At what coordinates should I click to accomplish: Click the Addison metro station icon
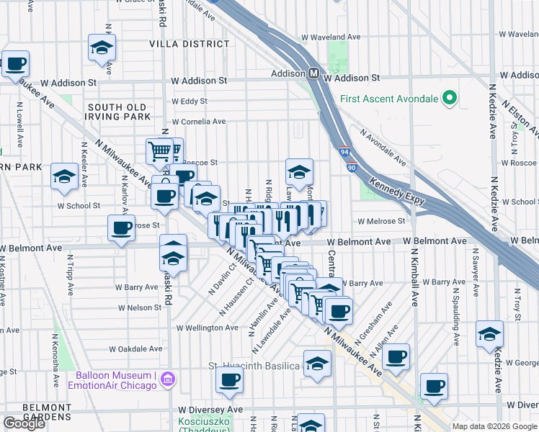click(314, 73)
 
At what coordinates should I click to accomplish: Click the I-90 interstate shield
click(351, 167)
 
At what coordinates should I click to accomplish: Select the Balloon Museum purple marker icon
click(168, 379)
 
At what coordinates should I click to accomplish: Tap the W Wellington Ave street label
click(208, 328)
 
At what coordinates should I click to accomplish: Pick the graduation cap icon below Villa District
click(102, 48)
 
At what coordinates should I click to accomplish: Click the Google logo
click(24, 423)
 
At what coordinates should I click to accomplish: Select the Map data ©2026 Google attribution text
click(494, 426)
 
